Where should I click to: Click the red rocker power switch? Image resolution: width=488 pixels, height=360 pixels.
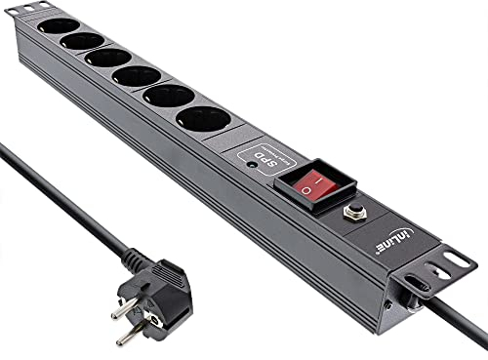[x=311, y=186]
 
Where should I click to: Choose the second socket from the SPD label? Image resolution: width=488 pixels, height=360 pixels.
[x=168, y=98]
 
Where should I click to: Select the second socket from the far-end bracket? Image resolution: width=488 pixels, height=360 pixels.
[x=82, y=42]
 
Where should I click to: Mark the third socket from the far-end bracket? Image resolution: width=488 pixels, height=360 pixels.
[x=107, y=58]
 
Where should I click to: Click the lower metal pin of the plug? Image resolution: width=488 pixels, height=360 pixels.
[x=129, y=335]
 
